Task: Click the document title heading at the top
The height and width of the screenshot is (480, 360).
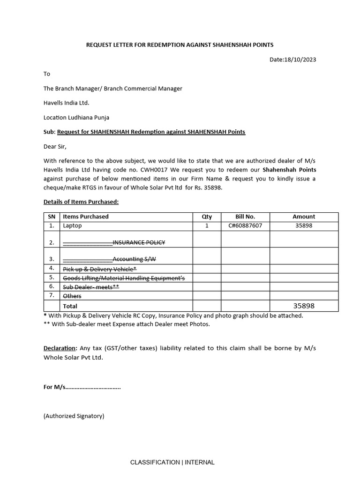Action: click(180, 45)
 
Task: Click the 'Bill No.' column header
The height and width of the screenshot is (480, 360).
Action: click(245, 217)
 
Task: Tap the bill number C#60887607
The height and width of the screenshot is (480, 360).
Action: click(245, 225)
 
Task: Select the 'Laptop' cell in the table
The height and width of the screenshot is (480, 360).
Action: click(72, 225)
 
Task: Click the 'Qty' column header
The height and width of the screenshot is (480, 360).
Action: click(207, 217)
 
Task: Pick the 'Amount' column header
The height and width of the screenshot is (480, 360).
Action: click(304, 217)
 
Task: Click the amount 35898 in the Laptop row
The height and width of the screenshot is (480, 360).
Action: click(304, 225)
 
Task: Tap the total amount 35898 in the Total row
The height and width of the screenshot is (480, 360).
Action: click(304, 306)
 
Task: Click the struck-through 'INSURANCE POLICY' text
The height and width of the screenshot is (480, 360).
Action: click(139, 242)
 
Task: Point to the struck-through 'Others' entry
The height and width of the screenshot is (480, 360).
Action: click(72, 296)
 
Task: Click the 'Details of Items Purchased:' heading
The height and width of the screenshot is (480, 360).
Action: click(81, 202)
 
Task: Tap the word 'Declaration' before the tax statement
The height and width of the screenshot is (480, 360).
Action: click(60, 348)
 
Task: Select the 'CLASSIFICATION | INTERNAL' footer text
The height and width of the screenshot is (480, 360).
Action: click(172, 462)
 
